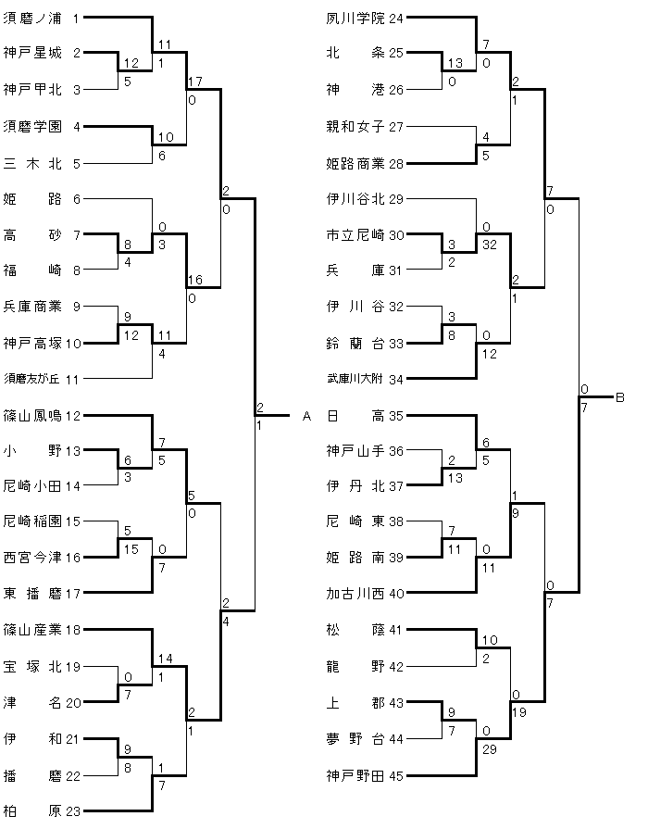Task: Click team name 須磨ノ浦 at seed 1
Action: tap(32, 18)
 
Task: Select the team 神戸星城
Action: tap(32, 54)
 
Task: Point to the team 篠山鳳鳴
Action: tap(32, 415)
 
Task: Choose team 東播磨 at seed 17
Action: tap(32, 594)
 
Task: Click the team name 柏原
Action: tap(32, 812)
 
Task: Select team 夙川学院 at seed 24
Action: tap(356, 18)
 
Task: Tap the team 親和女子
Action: tap(356, 126)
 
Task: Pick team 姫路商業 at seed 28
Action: tap(356, 163)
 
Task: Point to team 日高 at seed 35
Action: tap(356, 415)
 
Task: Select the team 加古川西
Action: tap(356, 594)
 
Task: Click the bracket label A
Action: tap(306, 416)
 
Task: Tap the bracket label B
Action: tap(620, 397)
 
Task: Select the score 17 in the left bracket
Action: tap(193, 81)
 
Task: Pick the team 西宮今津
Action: tap(32, 558)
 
